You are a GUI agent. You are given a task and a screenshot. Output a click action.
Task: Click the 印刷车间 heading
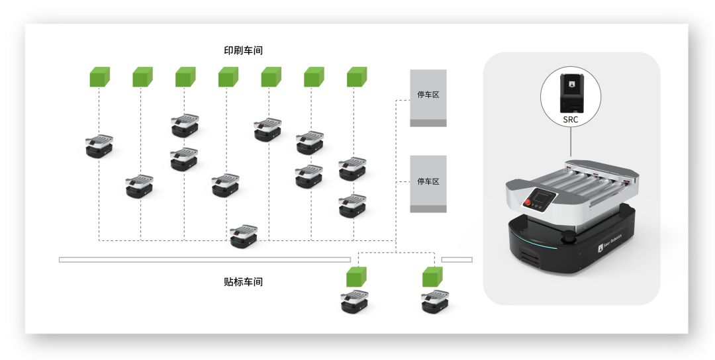[x=243, y=50]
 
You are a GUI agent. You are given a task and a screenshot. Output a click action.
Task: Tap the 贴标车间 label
[x=243, y=282]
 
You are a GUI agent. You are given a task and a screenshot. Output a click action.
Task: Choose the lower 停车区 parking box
[x=428, y=183]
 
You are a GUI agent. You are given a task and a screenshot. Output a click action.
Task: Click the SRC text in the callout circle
[x=571, y=120]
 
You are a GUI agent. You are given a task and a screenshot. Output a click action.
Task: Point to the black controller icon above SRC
[x=571, y=93]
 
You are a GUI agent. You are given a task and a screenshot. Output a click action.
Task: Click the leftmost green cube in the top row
[x=100, y=77]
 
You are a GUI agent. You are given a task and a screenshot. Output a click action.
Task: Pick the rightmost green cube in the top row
[x=357, y=77]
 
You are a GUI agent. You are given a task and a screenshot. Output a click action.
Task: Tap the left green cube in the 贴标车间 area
[x=357, y=277]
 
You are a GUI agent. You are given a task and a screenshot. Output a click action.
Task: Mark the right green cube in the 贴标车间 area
[x=433, y=277]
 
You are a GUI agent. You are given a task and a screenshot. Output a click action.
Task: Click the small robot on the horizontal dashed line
[x=244, y=236]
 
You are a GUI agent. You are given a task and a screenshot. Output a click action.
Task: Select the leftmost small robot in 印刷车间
[x=99, y=146]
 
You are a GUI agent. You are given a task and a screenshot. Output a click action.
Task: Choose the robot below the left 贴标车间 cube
[x=355, y=302]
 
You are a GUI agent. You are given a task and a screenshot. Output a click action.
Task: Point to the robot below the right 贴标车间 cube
[x=435, y=302]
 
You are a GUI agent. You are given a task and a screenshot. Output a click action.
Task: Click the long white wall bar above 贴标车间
[x=205, y=259]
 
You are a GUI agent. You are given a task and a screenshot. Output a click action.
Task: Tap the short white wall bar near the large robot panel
[x=457, y=259]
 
